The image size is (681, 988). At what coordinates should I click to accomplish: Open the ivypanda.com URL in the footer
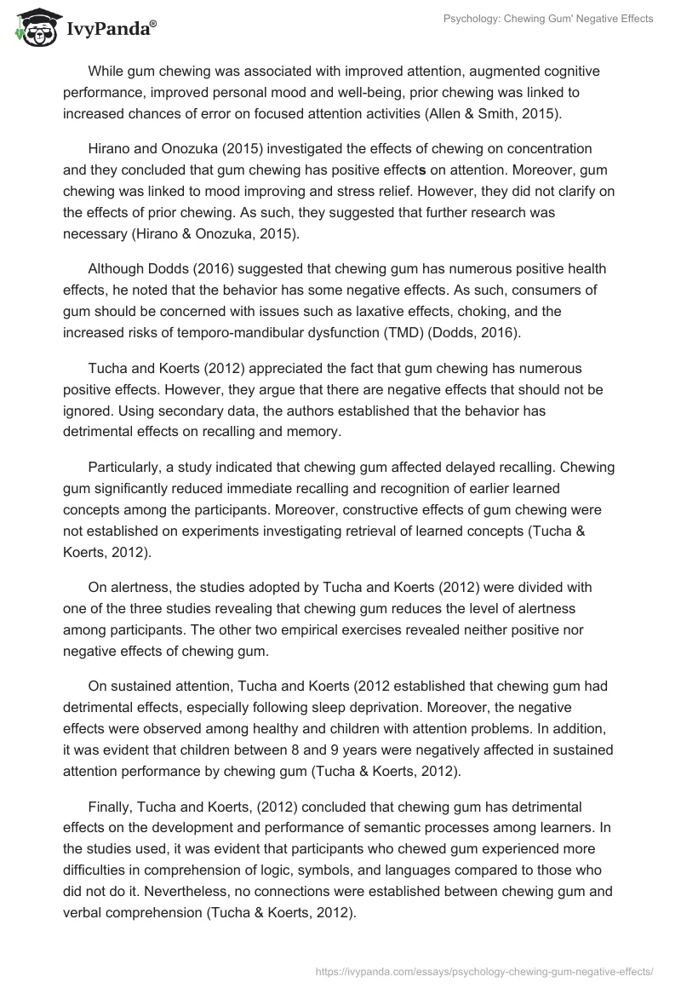pos(484,970)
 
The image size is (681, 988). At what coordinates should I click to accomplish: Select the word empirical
pos(363,629)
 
